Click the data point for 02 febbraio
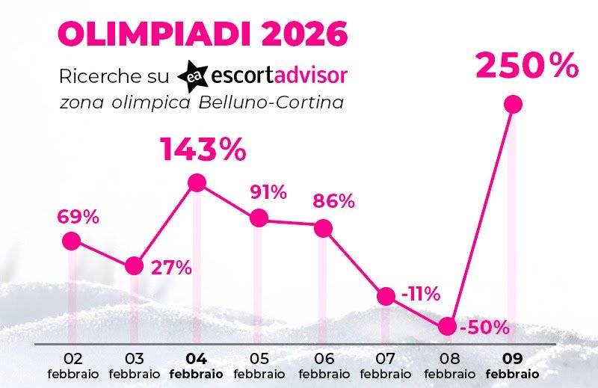(71, 241)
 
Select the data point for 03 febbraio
(135, 265)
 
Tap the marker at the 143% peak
(197, 182)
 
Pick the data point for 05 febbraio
(259, 218)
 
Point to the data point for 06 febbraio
(323, 228)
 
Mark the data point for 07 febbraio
(386, 296)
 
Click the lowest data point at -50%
(447, 326)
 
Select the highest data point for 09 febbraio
(513, 104)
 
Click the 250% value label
(527, 67)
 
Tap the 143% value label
(203, 150)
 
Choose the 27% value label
(171, 267)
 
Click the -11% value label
(420, 294)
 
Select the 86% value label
(333, 201)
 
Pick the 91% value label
(267, 192)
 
